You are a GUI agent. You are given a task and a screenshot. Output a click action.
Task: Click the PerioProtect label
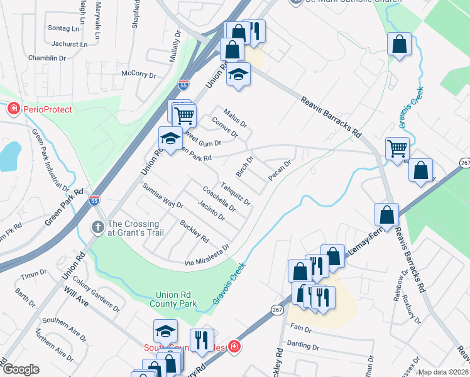click(48, 109)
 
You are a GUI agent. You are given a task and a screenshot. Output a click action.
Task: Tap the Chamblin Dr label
click(47, 58)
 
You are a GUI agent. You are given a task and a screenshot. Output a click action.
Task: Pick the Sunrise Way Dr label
click(162, 195)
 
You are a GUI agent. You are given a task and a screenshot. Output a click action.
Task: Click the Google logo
click(21, 369)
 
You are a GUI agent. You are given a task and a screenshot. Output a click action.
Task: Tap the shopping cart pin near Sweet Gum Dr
click(183, 115)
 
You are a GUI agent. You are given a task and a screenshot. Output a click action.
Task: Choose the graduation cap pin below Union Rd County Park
click(165, 330)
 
